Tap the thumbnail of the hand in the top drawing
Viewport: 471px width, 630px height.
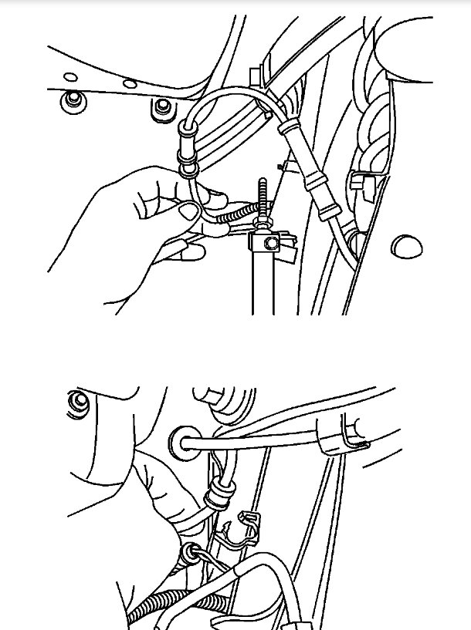(188, 208)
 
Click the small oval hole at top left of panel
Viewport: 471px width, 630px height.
(70, 76)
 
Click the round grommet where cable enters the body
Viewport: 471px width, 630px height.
(182, 444)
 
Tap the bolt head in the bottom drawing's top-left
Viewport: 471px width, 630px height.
(76, 403)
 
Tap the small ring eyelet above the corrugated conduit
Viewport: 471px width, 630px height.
(188, 553)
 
